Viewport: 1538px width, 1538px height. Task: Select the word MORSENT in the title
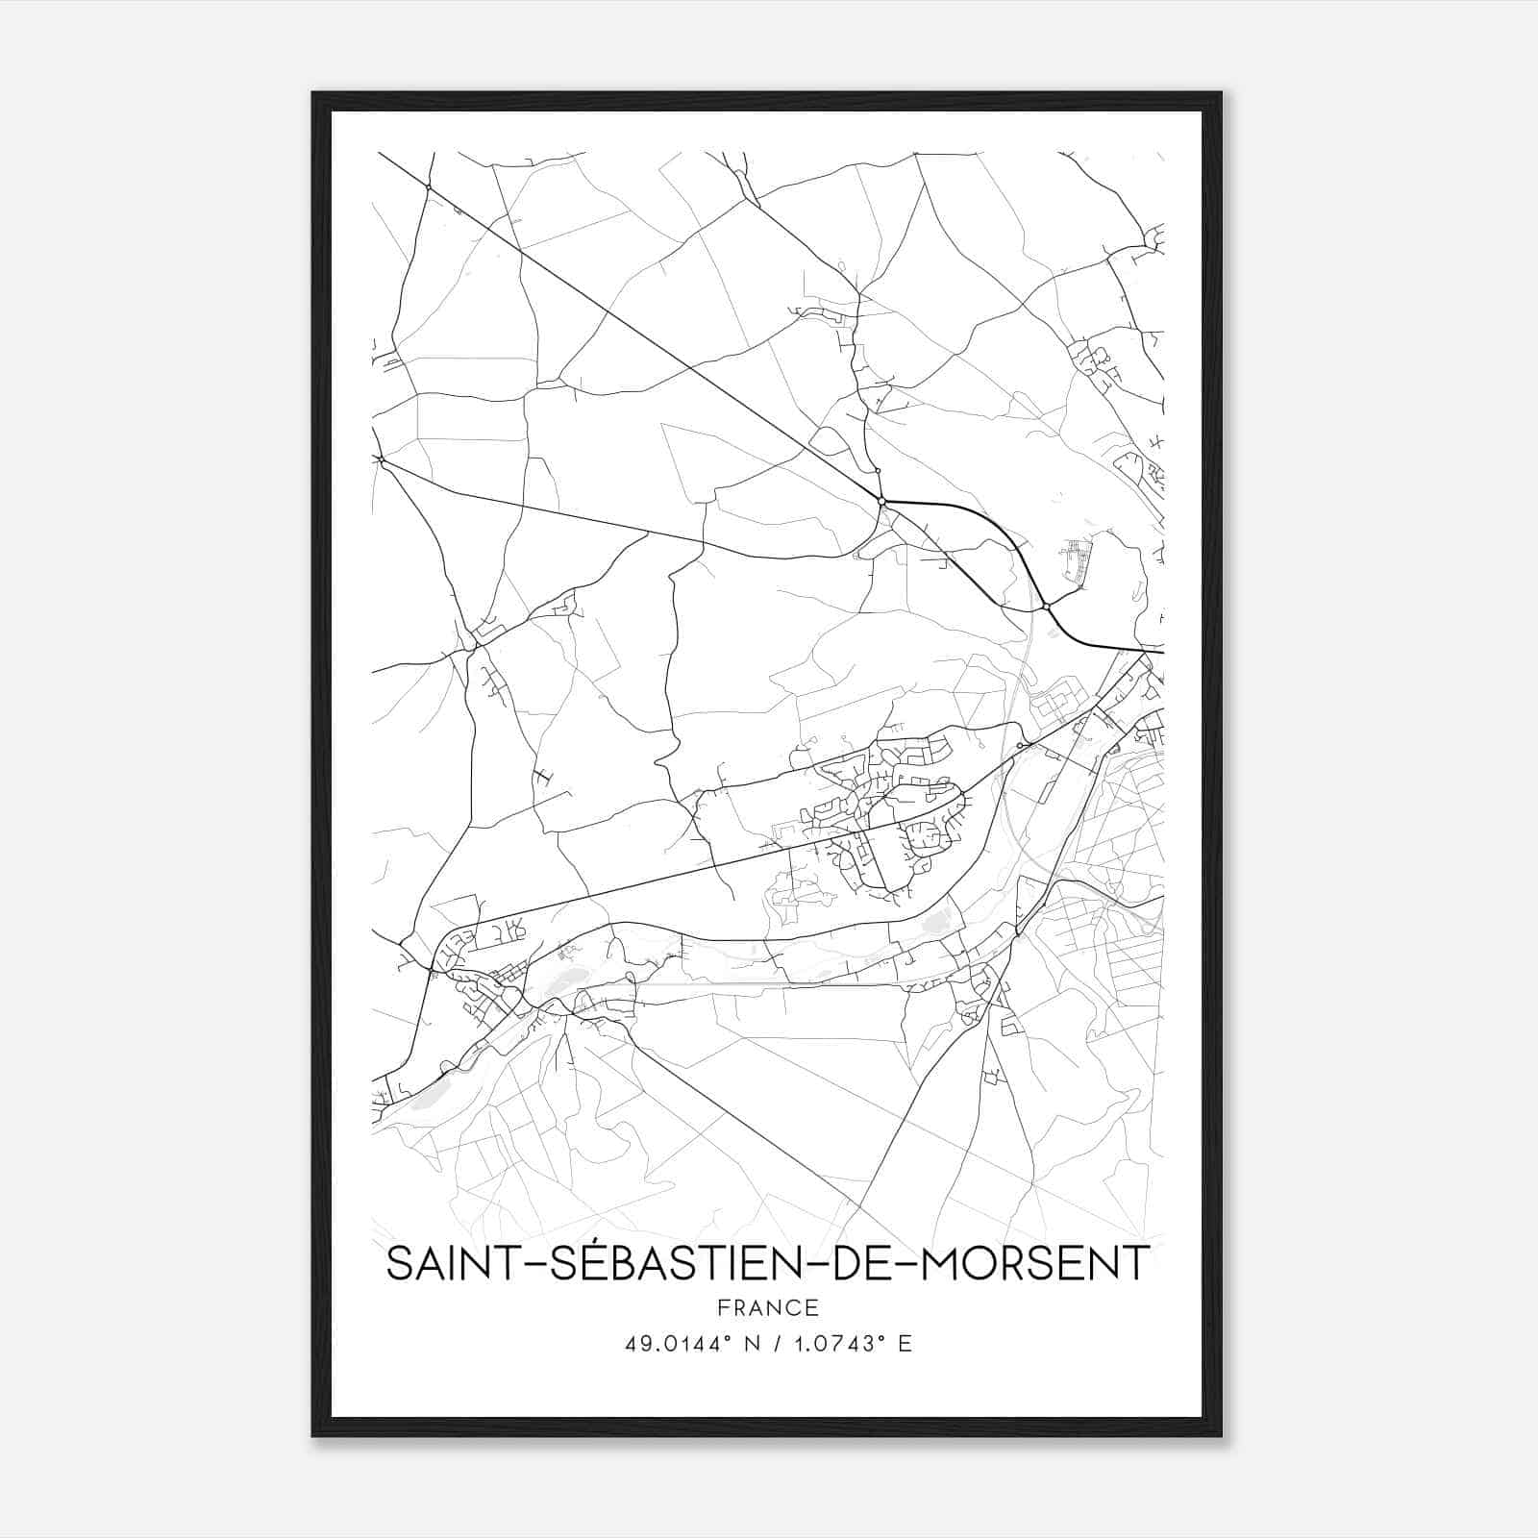click(1034, 1263)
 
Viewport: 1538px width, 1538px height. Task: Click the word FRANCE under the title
click(767, 1307)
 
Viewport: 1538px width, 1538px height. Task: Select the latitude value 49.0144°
click(677, 1344)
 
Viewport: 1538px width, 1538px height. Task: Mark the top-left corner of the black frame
click(313, 93)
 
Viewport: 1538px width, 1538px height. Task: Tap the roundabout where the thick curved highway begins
click(881, 501)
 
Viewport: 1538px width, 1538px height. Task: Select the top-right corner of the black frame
click(1221, 93)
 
